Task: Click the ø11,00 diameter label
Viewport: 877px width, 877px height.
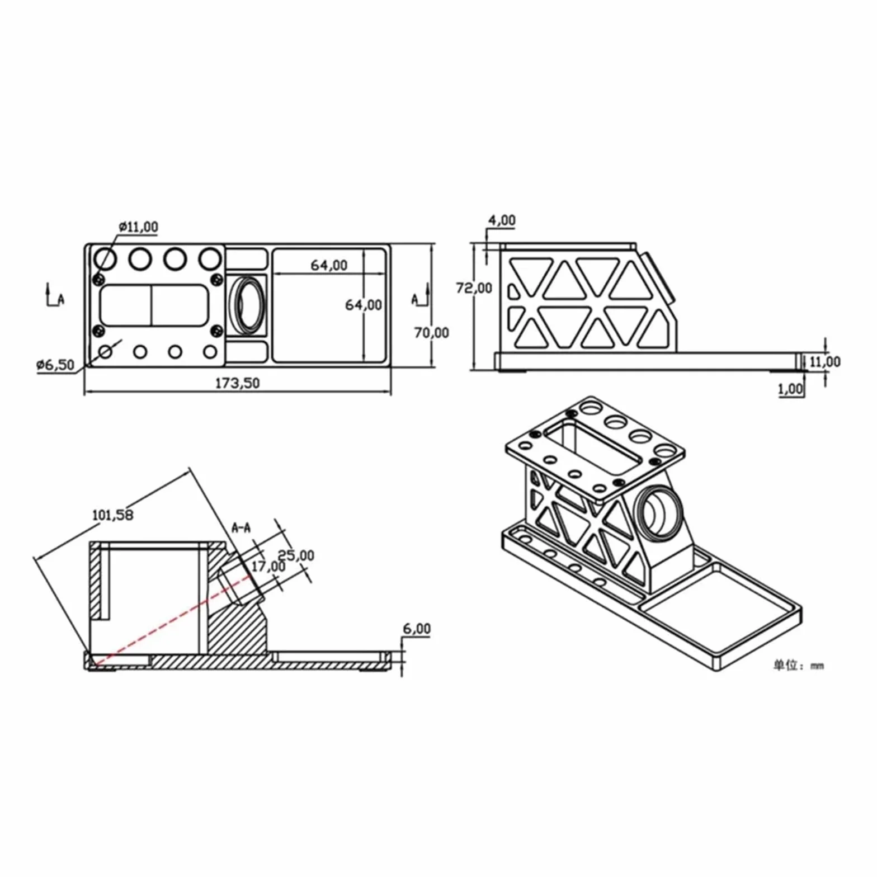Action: point(139,227)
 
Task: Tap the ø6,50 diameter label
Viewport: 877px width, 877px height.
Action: point(55,365)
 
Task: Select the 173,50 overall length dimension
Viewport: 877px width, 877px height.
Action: point(238,383)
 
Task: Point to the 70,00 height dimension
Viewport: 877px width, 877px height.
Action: point(431,332)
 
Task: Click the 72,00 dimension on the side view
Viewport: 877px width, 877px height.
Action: point(474,288)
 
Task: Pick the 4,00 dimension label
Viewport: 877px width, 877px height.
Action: point(502,220)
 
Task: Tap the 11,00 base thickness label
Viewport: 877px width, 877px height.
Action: point(825,362)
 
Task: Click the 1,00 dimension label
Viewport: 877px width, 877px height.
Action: point(790,389)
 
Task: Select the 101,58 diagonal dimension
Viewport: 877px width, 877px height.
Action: point(113,514)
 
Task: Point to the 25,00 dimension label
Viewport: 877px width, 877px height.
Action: point(296,555)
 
